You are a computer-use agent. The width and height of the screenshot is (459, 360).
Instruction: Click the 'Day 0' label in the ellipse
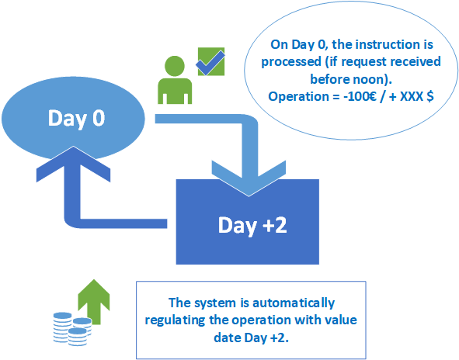coord(76,119)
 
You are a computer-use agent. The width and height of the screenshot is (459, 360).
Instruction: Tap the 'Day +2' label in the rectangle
coord(252,226)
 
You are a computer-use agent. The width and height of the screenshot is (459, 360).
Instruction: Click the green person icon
coord(175,80)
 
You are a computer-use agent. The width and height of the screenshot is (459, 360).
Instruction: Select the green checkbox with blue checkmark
coord(211,61)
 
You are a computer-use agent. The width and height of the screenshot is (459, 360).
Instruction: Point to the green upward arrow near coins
coord(94,301)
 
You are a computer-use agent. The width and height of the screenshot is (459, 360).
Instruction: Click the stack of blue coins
coord(72,329)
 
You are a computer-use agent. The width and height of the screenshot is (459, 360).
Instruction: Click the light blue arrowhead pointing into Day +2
coord(249,178)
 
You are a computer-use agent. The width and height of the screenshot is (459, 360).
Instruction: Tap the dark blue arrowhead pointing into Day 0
coord(73,164)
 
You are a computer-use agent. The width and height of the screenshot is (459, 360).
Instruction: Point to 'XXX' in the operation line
coord(411,96)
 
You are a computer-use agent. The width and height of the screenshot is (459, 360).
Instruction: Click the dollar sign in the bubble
coord(430,96)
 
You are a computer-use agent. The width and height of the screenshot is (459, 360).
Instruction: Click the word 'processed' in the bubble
coord(291,62)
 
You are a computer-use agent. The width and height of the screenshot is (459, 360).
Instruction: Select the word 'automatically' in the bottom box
coord(294,303)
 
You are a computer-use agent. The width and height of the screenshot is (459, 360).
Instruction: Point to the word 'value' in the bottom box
coord(340,320)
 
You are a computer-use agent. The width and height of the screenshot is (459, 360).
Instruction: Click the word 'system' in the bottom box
coord(215,303)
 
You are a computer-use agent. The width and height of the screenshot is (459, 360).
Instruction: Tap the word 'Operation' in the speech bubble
coord(298,97)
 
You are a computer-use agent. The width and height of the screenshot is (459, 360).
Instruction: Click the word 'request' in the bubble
coord(364,62)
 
